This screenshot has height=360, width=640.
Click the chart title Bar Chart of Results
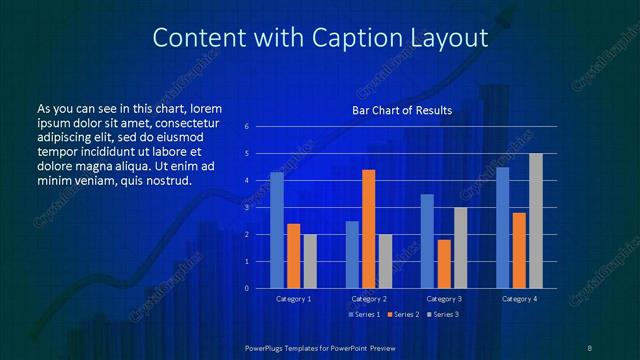(401, 110)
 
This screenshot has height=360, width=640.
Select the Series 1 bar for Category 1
(277, 230)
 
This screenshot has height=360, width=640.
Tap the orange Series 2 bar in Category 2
(368, 229)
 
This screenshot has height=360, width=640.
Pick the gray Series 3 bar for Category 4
(535, 221)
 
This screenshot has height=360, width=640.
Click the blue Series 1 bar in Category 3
(427, 241)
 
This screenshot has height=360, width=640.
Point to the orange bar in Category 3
(443, 264)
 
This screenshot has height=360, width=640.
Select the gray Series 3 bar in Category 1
(309, 261)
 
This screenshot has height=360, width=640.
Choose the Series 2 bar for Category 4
(519, 250)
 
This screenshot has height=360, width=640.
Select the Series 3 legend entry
(442, 315)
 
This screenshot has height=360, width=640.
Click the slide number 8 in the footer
(589, 347)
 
